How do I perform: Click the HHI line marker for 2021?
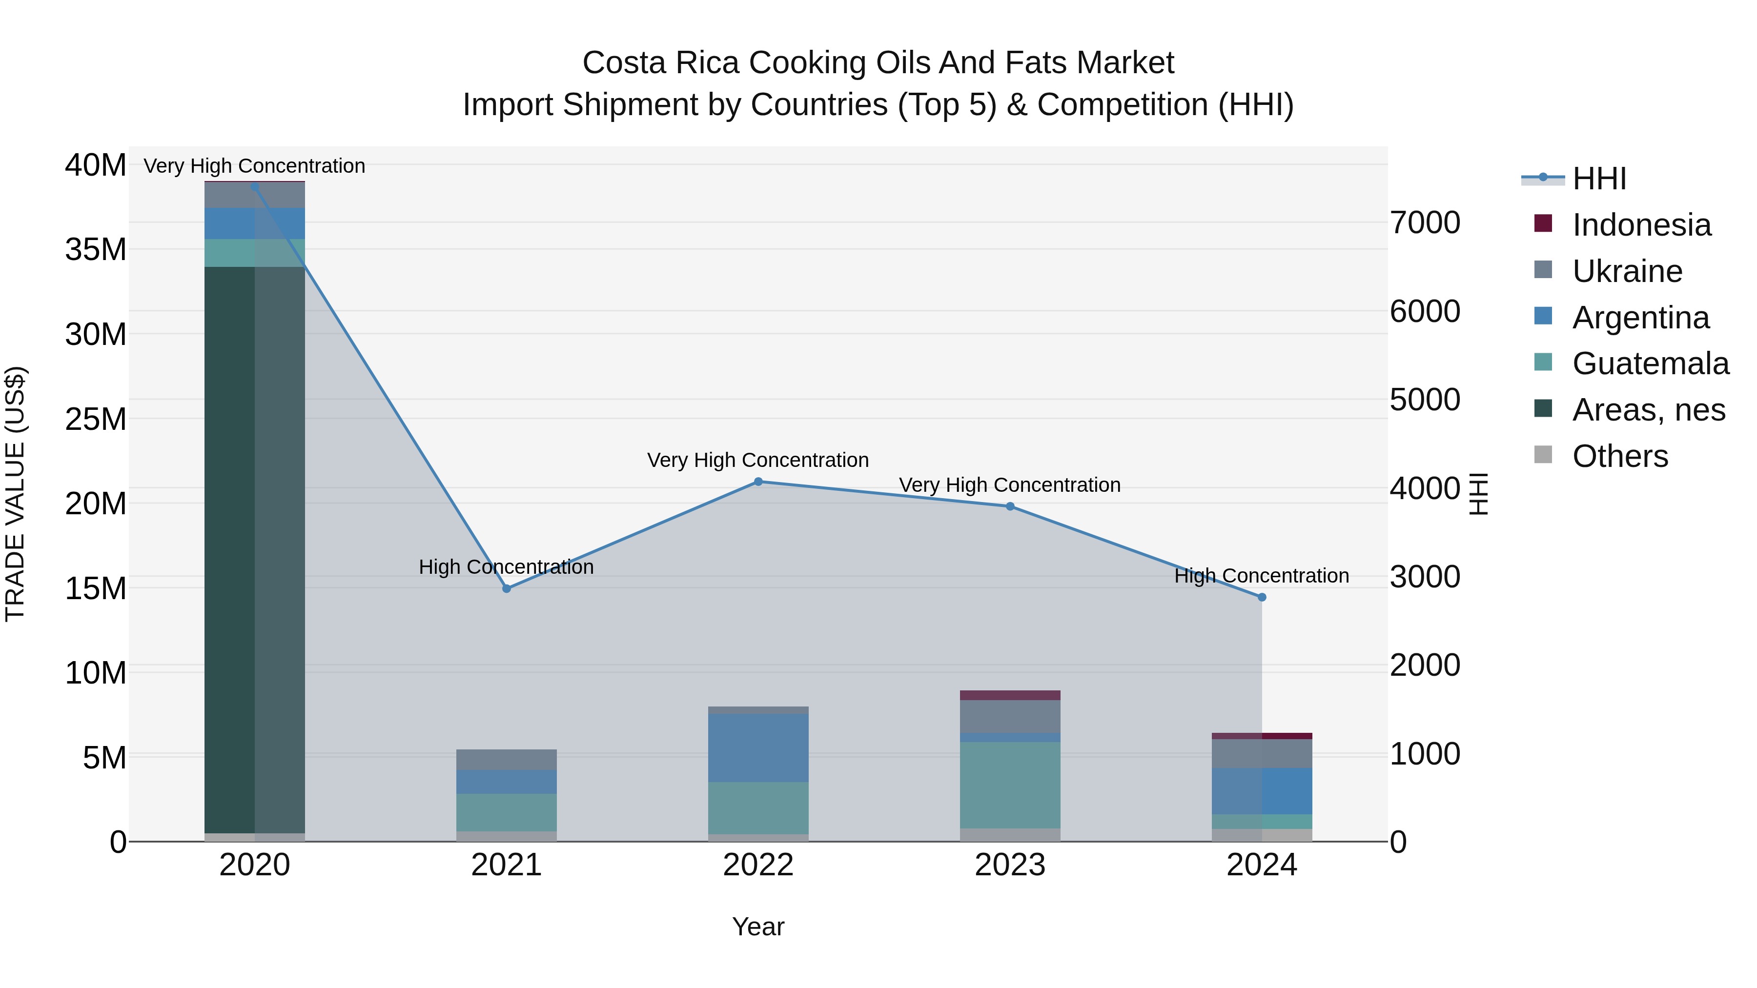tap(506, 588)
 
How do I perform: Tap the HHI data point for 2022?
tap(758, 482)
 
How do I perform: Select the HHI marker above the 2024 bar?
tap(1262, 597)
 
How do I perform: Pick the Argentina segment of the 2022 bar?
tap(758, 747)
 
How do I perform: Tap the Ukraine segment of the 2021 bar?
tap(506, 760)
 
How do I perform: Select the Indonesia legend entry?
tap(1641, 225)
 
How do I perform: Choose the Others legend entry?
tap(1620, 456)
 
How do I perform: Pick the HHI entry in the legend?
tap(1599, 179)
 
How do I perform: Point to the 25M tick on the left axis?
tap(96, 419)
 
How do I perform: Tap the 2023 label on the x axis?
tap(1009, 865)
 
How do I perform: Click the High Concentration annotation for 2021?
tap(506, 566)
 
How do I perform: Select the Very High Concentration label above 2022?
tap(758, 460)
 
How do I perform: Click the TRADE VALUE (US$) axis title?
tap(15, 494)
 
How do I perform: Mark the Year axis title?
tap(758, 927)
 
